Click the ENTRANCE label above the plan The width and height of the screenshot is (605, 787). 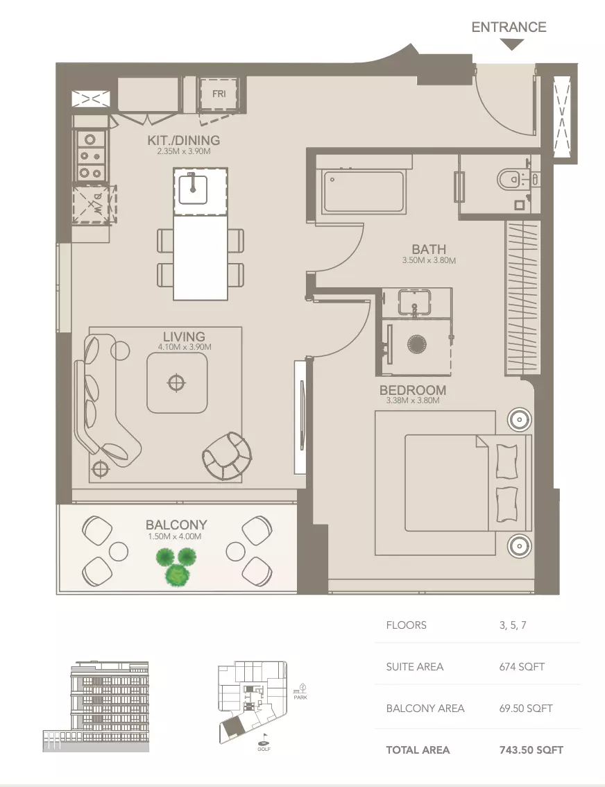(509, 27)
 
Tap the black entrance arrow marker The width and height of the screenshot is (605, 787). (511, 45)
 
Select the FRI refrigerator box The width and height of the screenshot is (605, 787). (219, 95)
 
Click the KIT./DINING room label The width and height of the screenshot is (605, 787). (184, 140)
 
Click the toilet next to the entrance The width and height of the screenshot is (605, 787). (512, 180)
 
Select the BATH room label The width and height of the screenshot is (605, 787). (428, 249)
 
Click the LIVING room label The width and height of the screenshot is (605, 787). (184, 338)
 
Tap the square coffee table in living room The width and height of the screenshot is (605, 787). (177, 382)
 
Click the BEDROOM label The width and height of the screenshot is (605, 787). (412, 390)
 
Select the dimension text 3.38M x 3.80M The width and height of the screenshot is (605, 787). (412, 400)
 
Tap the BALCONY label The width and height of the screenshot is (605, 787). (176, 525)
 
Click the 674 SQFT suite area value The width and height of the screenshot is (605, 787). (521, 667)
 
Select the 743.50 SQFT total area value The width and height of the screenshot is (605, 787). (531, 750)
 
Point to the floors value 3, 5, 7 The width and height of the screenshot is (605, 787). (512, 625)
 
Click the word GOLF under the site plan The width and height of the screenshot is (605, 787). (263, 750)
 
